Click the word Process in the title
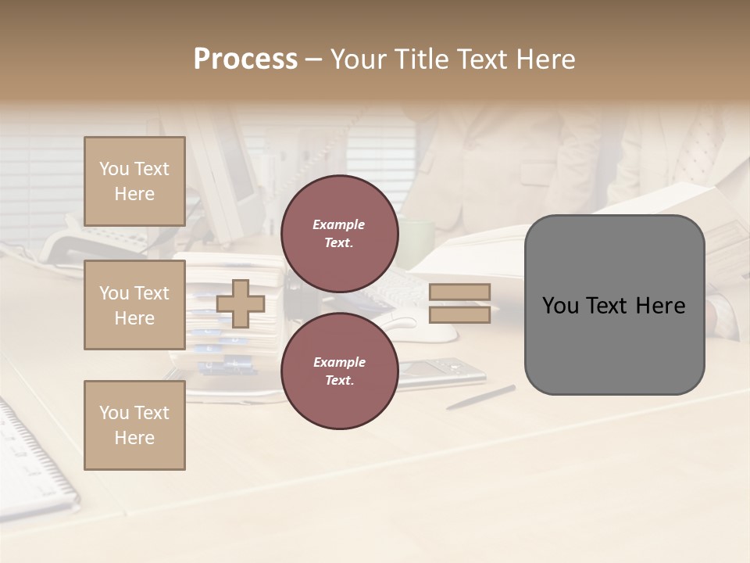(x=245, y=59)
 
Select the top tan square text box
(x=134, y=181)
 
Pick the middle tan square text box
(x=134, y=305)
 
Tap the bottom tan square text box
(x=134, y=425)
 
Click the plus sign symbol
(x=240, y=303)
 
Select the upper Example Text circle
(x=339, y=233)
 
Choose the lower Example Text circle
(x=339, y=371)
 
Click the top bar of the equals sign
(x=459, y=292)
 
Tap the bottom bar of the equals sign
(x=459, y=314)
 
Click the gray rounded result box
(x=614, y=305)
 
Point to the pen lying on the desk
(x=480, y=397)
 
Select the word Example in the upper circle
(x=338, y=225)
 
